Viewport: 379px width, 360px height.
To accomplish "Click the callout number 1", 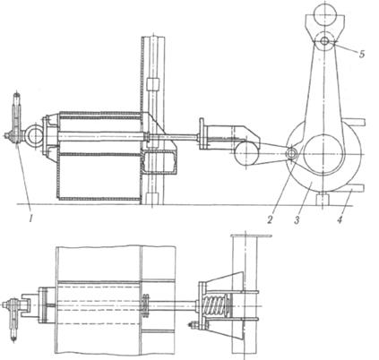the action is point(30,219).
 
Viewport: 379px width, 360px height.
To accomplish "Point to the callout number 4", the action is point(340,219).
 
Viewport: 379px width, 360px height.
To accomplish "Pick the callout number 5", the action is point(362,54).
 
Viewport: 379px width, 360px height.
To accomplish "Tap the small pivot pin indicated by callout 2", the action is point(291,153).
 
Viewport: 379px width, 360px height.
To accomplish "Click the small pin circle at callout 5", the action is point(324,41).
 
